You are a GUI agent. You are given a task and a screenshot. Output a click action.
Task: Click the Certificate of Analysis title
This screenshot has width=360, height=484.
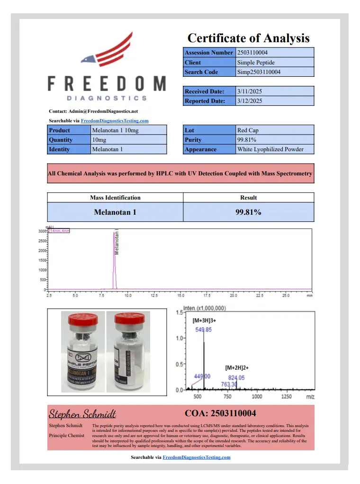click(x=248, y=38)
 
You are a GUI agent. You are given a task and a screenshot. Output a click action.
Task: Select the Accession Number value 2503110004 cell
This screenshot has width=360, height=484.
click(x=275, y=53)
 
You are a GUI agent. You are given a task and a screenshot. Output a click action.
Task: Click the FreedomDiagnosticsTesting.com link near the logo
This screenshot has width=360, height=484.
click(x=115, y=121)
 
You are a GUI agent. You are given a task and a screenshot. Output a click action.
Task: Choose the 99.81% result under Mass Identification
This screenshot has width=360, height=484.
click(x=248, y=212)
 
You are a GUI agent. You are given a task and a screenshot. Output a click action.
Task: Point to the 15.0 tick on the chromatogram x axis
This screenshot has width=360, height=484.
click(x=180, y=295)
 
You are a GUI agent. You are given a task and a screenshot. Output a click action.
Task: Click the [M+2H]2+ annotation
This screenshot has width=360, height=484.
click(x=237, y=367)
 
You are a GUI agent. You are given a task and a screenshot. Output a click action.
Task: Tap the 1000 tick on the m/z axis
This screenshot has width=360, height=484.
click(x=257, y=396)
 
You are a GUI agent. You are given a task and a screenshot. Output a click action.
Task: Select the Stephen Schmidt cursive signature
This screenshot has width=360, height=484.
click(x=82, y=414)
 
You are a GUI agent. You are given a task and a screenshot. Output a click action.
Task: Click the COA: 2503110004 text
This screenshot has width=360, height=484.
click(x=220, y=413)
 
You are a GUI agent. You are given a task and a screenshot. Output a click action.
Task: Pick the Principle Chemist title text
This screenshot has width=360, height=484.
click(x=66, y=435)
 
